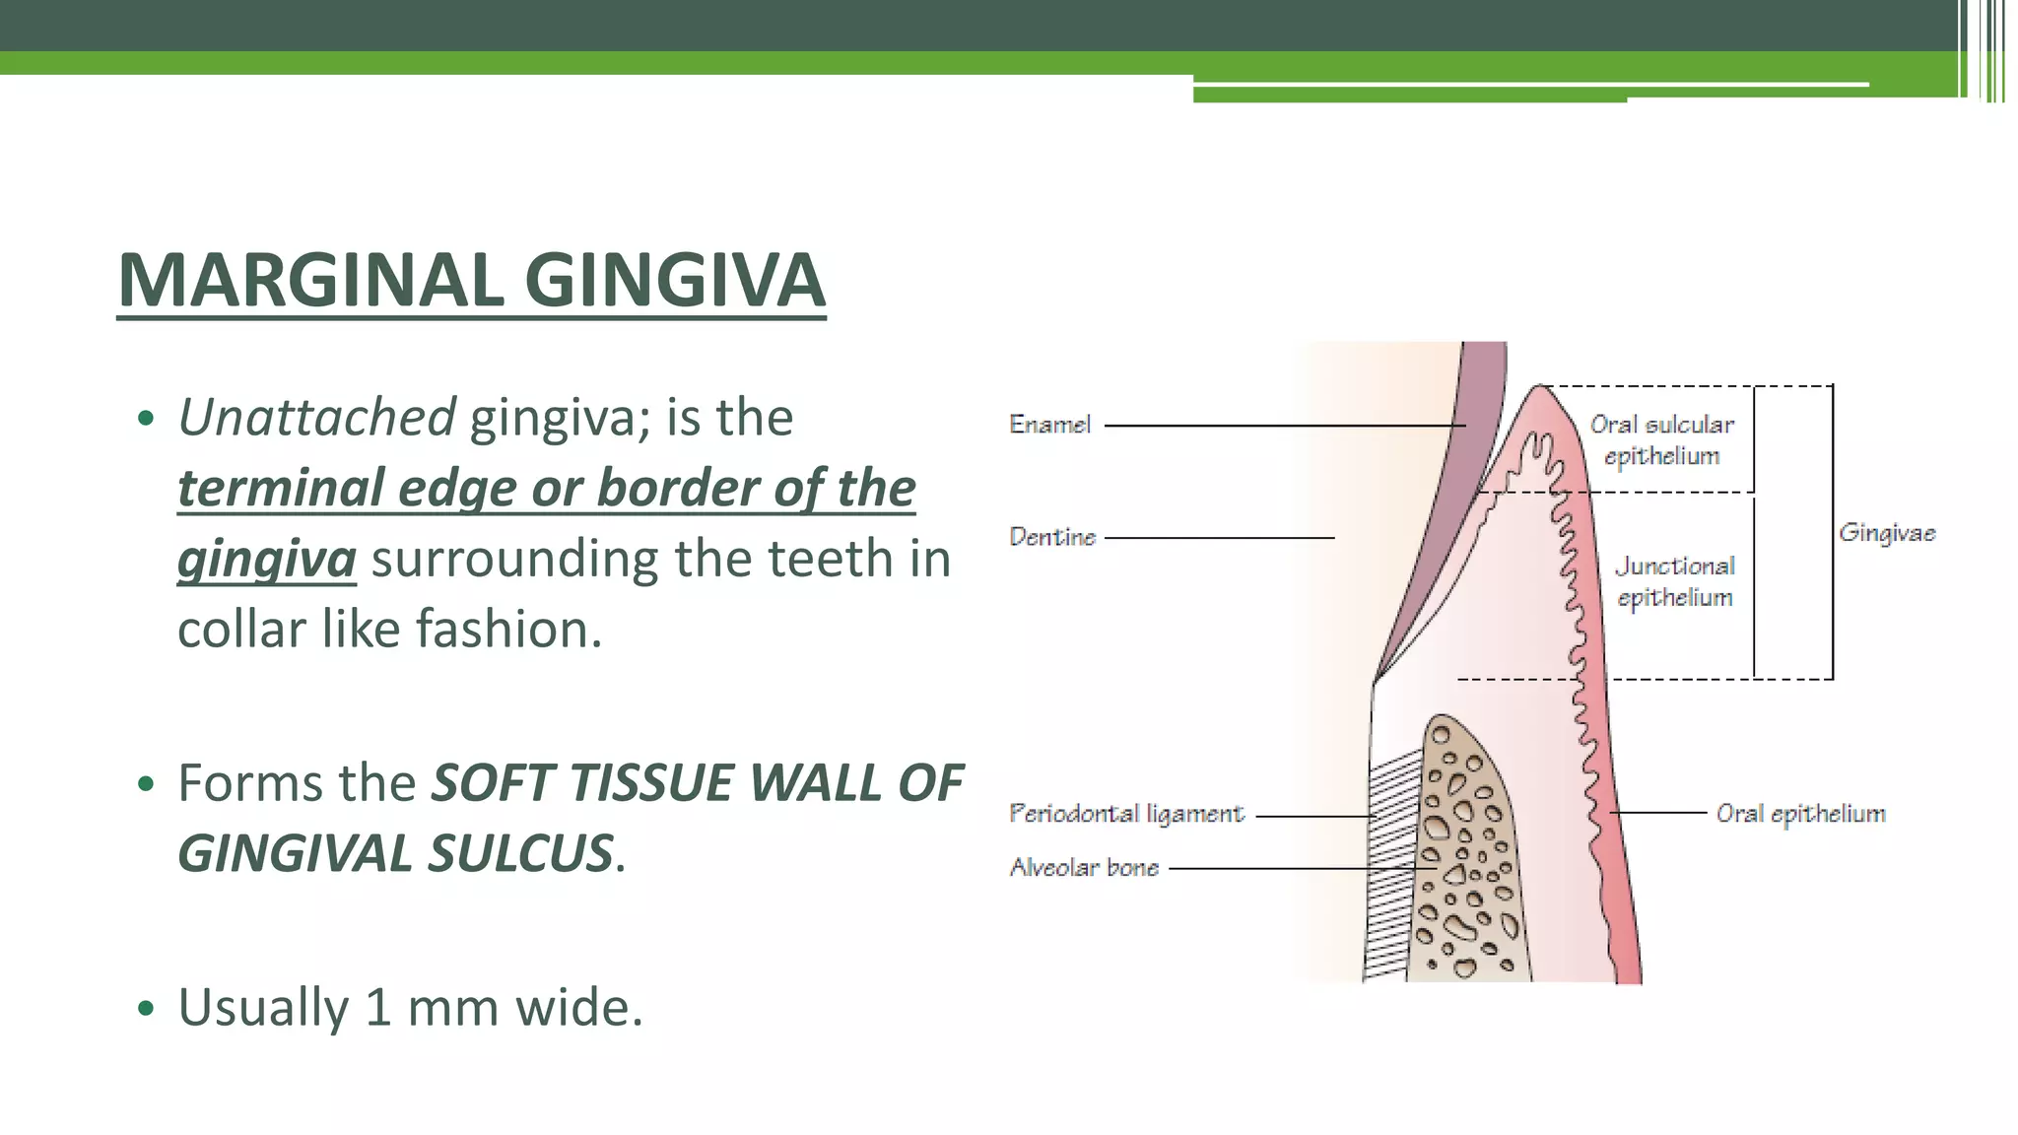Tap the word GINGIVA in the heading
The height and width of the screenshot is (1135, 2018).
tap(681, 281)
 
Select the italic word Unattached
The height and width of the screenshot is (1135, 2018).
tap(316, 417)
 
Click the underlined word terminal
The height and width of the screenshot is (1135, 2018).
tap(280, 488)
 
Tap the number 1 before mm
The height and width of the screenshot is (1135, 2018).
tap(378, 1007)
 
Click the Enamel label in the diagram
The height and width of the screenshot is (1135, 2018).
tap(1050, 425)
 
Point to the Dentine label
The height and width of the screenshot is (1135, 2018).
tap(1052, 537)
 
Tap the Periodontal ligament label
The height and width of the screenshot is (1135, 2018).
tap(1126, 814)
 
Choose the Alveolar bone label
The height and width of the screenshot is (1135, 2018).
tap(1084, 868)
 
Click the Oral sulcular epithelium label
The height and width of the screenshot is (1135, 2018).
tap(1662, 439)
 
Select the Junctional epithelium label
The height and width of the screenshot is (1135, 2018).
tap(1674, 581)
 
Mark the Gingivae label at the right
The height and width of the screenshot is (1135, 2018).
tap(1887, 533)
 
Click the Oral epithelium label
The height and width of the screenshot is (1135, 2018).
tap(1800, 814)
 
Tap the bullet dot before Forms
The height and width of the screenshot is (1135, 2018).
tap(147, 784)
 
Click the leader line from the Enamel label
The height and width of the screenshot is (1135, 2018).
tap(1281, 426)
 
